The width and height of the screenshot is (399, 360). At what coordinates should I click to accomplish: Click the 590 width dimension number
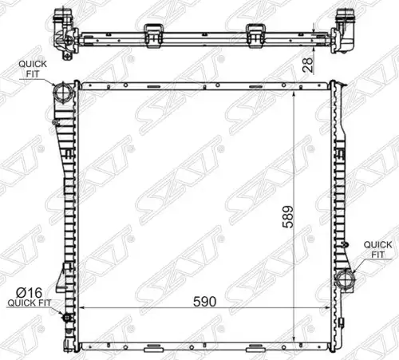(204, 302)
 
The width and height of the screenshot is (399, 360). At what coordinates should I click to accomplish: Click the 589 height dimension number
(288, 216)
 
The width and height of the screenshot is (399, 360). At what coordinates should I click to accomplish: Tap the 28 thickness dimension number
(308, 65)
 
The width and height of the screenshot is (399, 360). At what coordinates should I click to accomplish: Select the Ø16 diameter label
(29, 293)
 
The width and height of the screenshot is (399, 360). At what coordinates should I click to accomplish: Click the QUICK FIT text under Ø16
(30, 303)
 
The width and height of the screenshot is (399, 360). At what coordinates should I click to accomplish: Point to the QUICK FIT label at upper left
(33, 69)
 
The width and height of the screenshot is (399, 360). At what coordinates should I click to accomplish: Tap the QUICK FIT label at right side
(377, 249)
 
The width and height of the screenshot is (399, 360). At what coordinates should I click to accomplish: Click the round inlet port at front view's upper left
(63, 92)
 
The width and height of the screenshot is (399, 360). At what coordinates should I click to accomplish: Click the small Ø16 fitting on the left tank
(66, 317)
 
